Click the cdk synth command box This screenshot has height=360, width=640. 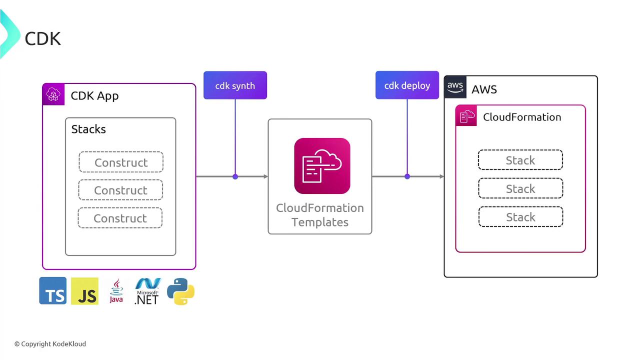click(235, 85)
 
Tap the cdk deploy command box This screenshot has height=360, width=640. click(407, 85)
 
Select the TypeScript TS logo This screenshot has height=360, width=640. click(53, 291)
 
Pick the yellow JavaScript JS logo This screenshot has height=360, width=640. click(84, 291)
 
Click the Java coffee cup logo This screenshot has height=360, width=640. click(116, 291)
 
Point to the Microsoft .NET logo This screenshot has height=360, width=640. click(147, 291)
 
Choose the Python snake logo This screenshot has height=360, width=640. click(180, 291)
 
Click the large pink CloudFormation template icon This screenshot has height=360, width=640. click(322, 166)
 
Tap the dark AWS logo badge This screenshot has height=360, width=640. click(455, 87)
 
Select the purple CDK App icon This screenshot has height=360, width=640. click(53, 94)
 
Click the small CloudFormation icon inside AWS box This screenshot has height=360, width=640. click(466, 116)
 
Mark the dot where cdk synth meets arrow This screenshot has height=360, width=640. click(235, 176)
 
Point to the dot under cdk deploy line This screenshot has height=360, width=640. click(407, 176)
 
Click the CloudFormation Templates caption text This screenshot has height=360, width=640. click(320, 215)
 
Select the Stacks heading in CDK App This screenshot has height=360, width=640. click(88, 129)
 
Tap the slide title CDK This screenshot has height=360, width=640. click(42, 38)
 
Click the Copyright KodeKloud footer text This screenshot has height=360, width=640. click(50, 344)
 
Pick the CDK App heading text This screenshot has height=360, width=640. click(94, 95)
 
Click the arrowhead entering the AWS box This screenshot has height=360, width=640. click(441, 176)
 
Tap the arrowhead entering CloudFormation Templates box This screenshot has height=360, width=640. click(265, 176)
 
